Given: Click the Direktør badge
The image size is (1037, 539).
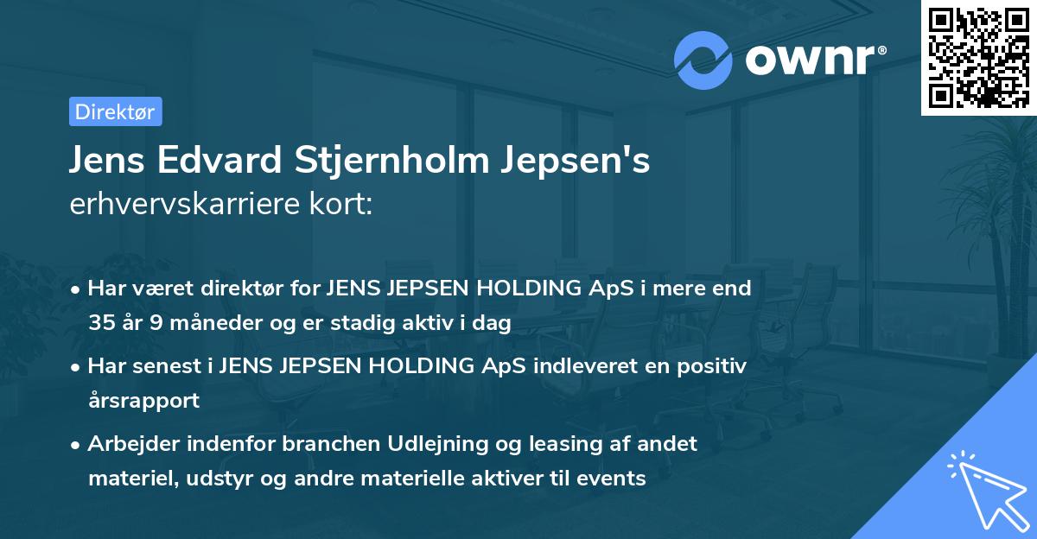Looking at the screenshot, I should [x=115, y=111].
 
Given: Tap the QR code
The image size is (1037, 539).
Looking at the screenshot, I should [x=977, y=57].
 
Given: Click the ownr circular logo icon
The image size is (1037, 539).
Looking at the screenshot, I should [x=703, y=60].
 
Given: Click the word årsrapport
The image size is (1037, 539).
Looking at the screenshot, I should [x=143, y=400].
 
